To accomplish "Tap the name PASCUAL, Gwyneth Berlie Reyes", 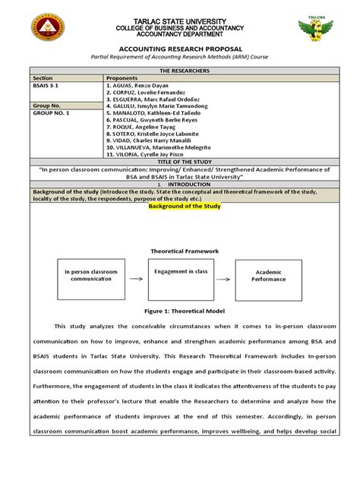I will click(x=159, y=121).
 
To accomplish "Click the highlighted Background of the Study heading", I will click(x=180, y=205).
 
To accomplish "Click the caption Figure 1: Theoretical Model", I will click(x=180, y=311).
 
